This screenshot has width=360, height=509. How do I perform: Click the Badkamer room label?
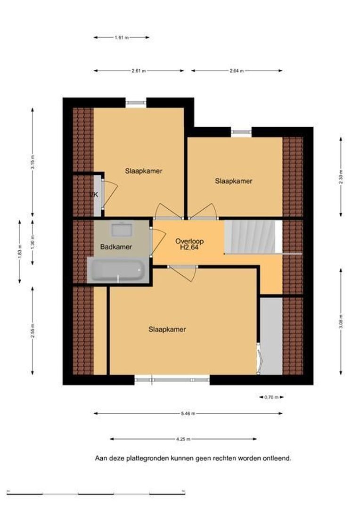click(116, 247)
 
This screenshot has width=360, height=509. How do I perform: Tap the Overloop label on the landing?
click(189, 241)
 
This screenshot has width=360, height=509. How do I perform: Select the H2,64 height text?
click(189, 247)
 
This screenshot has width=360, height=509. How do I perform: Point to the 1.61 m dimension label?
click(122, 38)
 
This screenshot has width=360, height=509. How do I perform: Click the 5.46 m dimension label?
click(188, 414)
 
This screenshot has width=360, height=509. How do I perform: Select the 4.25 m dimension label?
click(183, 439)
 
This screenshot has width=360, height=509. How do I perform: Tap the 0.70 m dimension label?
click(271, 397)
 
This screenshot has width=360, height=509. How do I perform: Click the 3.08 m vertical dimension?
click(341, 321)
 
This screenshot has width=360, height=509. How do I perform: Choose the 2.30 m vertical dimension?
click(341, 177)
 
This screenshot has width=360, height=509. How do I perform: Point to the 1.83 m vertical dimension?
click(20, 252)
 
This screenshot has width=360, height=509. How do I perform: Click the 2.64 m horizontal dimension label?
click(237, 71)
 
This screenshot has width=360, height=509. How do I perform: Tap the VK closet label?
click(94, 195)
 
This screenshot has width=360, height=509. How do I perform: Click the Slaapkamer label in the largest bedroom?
click(167, 329)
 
